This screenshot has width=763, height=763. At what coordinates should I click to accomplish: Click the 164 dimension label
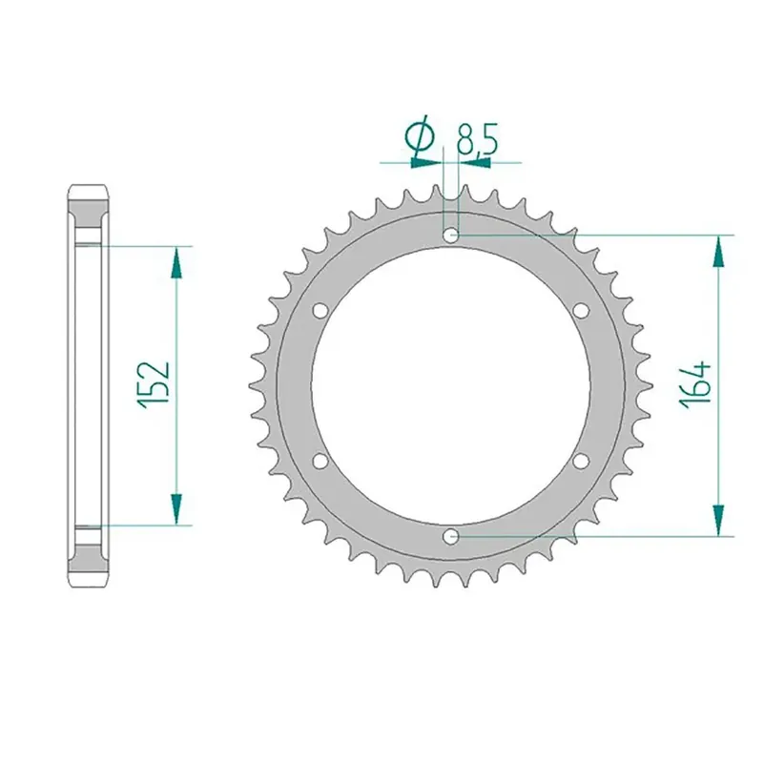(x=695, y=385)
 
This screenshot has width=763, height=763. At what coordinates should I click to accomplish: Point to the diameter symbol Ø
(x=420, y=136)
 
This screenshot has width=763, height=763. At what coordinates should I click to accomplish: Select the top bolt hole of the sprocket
(x=450, y=236)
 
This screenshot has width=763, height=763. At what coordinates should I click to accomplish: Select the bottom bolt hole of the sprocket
(x=450, y=537)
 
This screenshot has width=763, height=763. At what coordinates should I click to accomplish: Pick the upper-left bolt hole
(x=320, y=311)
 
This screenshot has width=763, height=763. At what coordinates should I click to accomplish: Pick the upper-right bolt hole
(x=581, y=311)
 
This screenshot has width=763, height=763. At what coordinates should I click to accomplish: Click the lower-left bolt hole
(x=320, y=461)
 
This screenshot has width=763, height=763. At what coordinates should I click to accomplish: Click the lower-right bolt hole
(x=581, y=461)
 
